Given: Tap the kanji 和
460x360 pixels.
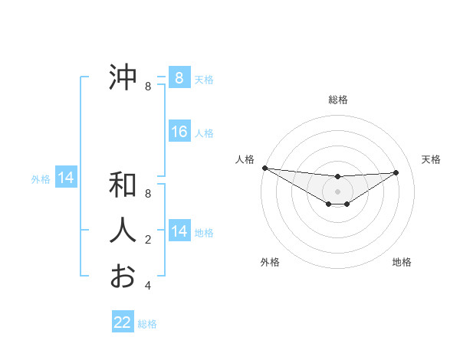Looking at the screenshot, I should coord(123,185).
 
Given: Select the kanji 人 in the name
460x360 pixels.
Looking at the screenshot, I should coord(123,231).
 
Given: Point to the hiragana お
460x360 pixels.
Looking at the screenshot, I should coord(123,276).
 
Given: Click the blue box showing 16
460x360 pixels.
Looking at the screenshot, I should coord(179,132).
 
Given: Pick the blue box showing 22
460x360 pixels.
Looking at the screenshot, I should coord(123,322).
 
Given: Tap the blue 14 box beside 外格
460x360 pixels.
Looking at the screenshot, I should coord(66,178).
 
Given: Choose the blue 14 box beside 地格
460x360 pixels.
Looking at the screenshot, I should coord(179,231).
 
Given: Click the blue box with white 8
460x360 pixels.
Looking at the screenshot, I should coord(179,78).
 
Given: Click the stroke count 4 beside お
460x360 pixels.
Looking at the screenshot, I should coord(148,286).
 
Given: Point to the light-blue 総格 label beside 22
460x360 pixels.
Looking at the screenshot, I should coord(147,324).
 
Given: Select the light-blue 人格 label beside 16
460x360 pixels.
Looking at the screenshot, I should coord(204,133).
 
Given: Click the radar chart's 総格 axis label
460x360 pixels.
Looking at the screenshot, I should coord(337,100).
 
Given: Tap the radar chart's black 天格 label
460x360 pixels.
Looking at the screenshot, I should coord(431,159).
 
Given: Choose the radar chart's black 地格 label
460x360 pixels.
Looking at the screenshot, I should coord(402,262).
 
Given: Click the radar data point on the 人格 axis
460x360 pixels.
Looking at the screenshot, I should coord(264,168).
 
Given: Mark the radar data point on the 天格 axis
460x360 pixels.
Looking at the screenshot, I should coord(396,172).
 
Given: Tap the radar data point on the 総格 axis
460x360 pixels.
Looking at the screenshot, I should coord(337,177).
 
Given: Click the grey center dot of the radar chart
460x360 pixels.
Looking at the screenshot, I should coord(337,191).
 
